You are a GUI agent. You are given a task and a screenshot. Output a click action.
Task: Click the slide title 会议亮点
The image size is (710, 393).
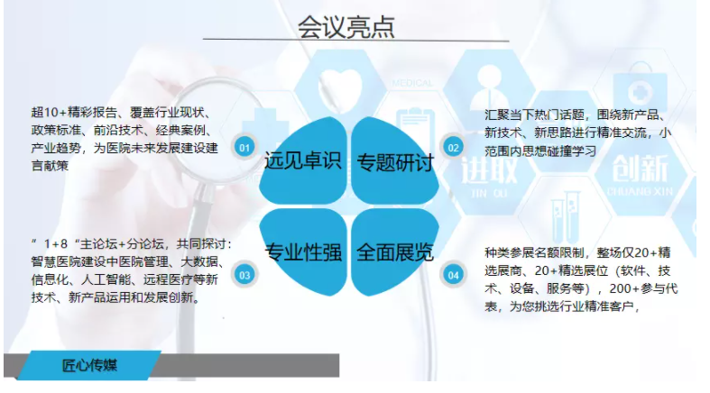tap(346, 26)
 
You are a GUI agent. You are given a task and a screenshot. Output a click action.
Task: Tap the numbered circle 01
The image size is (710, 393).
tap(244, 148)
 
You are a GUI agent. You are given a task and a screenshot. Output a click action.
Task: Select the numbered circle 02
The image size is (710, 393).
tap(453, 148)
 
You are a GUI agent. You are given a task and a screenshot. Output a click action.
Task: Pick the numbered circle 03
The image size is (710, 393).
tap(244, 275)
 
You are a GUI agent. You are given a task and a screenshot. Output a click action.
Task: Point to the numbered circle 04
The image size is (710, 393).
tap(453, 275)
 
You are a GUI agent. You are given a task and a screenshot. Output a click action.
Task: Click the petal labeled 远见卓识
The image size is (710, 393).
tap(302, 160)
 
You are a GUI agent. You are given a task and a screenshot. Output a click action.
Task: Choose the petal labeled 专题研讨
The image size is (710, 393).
tap(395, 160)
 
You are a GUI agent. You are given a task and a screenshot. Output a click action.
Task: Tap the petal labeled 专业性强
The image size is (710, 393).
tap(302, 251)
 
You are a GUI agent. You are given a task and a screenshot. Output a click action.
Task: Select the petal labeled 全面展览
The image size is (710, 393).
tap(395, 251)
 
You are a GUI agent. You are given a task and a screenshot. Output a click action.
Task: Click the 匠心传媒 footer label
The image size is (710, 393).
tap(89, 365)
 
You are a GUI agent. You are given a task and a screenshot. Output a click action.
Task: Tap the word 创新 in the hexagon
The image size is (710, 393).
tap(640, 169)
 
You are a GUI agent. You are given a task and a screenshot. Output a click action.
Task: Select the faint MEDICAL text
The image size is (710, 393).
tap(412, 83)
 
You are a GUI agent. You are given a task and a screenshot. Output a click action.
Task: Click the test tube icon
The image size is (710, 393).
tap(565, 217)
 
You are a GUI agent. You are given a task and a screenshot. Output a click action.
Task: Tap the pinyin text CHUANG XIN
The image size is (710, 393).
tap(640, 191)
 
